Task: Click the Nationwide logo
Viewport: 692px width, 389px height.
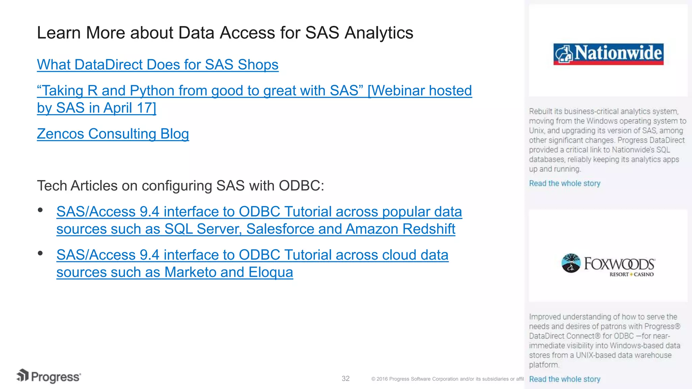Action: tap(608, 54)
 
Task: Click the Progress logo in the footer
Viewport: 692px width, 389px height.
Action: tap(49, 377)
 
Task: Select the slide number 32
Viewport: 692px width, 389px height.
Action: tap(345, 379)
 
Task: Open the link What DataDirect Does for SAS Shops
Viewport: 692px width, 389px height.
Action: tap(157, 64)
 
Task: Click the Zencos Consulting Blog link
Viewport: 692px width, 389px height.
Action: tap(113, 134)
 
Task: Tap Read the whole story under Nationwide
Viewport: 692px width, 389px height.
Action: tap(564, 183)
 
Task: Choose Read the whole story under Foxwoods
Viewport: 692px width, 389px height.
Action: tap(564, 379)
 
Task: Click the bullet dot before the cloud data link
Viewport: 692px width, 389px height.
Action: tap(41, 253)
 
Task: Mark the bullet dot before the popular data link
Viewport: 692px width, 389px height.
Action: tap(41, 210)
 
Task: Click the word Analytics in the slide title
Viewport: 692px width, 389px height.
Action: tap(379, 33)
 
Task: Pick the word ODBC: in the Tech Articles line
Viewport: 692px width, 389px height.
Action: tap(301, 186)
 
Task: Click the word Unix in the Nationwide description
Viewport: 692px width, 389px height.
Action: tap(536, 131)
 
